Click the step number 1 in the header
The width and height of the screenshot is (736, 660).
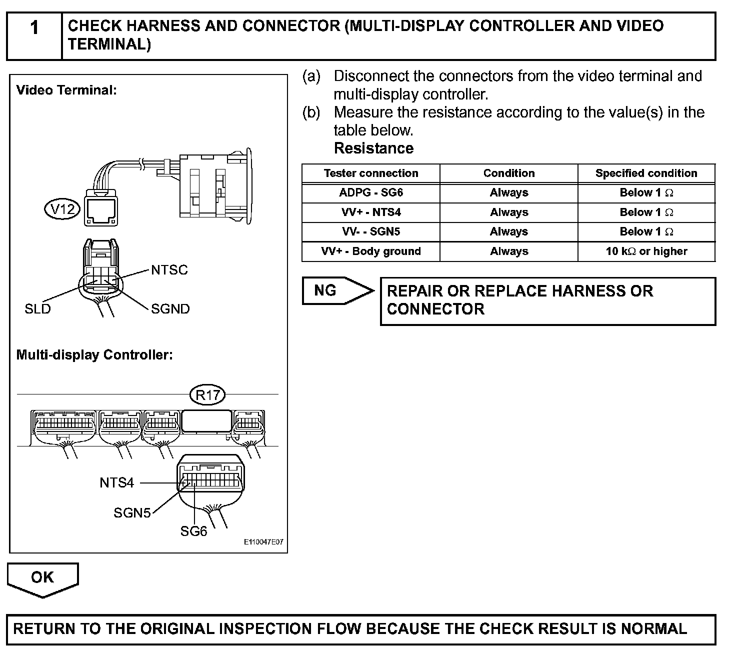click(34, 28)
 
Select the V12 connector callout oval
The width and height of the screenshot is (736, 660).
click(63, 209)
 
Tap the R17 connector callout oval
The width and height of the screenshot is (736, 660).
click(207, 395)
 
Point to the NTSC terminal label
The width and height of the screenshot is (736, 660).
click(169, 270)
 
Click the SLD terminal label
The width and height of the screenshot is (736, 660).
click(37, 309)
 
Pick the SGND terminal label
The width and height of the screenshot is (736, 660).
click(170, 309)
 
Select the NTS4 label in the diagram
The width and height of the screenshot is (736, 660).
click(116, 482)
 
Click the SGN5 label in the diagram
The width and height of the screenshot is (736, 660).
click(132, 513)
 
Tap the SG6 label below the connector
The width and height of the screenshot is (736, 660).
click(193, 531)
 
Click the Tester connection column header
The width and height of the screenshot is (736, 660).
click(370, 173)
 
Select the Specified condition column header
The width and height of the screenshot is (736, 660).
click(646, 173)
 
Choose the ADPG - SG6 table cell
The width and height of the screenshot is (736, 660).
click(370, 193)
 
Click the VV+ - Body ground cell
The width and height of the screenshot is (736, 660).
click(370, 251)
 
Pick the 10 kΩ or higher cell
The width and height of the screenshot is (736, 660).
click(646, 251)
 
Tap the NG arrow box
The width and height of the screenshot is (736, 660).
click(336, 290)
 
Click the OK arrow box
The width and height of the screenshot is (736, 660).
click(42, 578)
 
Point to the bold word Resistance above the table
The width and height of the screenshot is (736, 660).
click(373, 148)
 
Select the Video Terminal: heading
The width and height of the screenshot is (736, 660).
click(66, 90)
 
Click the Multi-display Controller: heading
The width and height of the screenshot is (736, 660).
click(94, 355)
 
